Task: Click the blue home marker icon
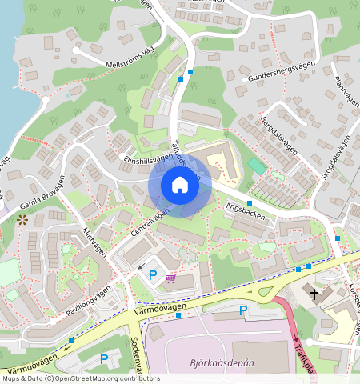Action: pos(180,186)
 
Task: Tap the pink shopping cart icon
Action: pos(170,278)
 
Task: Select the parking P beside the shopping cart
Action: pos(153,275)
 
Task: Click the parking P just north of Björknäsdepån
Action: pos(243,310)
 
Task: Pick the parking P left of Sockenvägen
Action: pos(103,360)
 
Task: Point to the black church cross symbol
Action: pos(314,294)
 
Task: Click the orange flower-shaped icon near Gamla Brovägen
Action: pos(22,218)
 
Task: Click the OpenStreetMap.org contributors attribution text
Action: pos(110,378)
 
